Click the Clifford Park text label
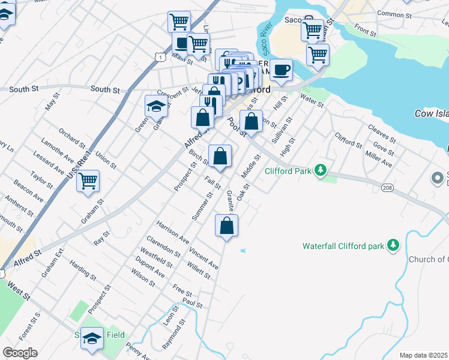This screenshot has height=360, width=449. click(288, 171)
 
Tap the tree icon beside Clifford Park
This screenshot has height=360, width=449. click(322, 170)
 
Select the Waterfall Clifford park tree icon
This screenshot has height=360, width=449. click(393, 245)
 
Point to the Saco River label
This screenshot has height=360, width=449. click(267, 43)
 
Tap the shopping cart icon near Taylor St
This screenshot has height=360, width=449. click(88, 180)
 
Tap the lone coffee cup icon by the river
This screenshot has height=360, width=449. click(281, 70)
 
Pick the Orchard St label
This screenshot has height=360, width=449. click(72, 137)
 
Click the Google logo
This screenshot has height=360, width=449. click(20, 353)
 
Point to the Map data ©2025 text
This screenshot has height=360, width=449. click(423, 355)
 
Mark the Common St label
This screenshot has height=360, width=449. click(393, 13)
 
